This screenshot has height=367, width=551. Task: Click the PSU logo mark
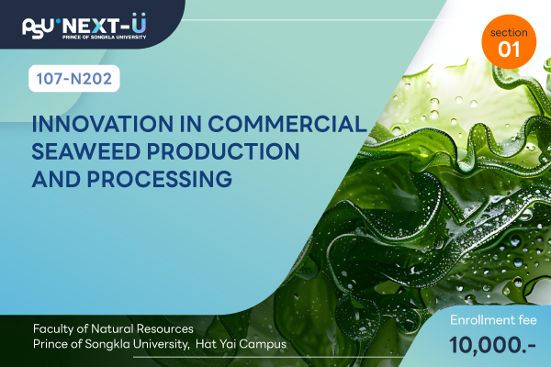38,28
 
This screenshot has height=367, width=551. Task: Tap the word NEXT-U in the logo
105,24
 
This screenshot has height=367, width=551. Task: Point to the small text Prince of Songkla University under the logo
105,37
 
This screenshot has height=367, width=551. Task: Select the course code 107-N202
74,79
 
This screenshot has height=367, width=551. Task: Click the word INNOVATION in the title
103,124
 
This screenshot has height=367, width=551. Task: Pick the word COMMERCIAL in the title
287,124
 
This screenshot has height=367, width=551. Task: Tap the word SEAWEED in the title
86,151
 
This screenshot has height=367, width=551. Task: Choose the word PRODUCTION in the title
223,151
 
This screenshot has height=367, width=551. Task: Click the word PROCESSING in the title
160,179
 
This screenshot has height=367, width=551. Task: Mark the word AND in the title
57,179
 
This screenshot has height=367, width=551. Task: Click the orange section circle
509,42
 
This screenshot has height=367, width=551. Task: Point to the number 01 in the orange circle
509,50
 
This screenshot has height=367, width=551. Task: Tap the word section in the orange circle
509,33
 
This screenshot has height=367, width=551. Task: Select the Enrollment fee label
493,320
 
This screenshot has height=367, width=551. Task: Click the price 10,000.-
492,345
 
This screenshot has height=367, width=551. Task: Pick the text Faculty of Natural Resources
113,329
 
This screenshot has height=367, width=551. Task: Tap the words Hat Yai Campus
241,344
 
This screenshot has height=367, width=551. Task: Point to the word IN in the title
191,124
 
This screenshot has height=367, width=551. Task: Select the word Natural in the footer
112,329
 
